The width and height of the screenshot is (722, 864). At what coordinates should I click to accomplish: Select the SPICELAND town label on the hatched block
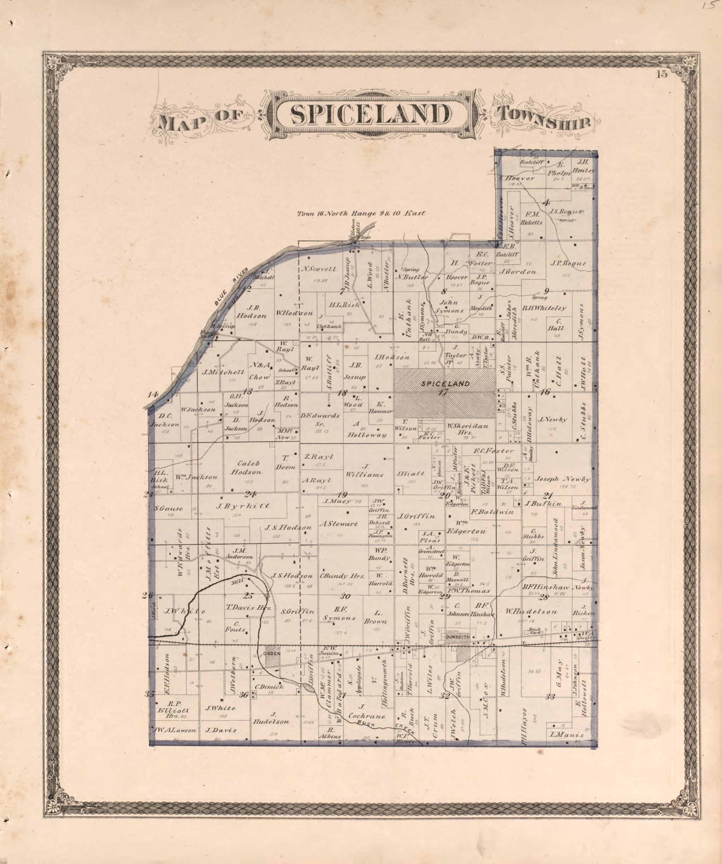click(445, 384)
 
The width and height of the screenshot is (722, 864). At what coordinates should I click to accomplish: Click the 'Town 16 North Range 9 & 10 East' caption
click(361, 214)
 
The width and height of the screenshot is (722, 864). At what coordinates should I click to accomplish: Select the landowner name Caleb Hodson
click(247, 467)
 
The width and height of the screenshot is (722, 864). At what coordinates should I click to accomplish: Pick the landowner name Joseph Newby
click(562, 479)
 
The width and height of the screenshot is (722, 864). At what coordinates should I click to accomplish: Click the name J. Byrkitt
click(242, 506)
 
